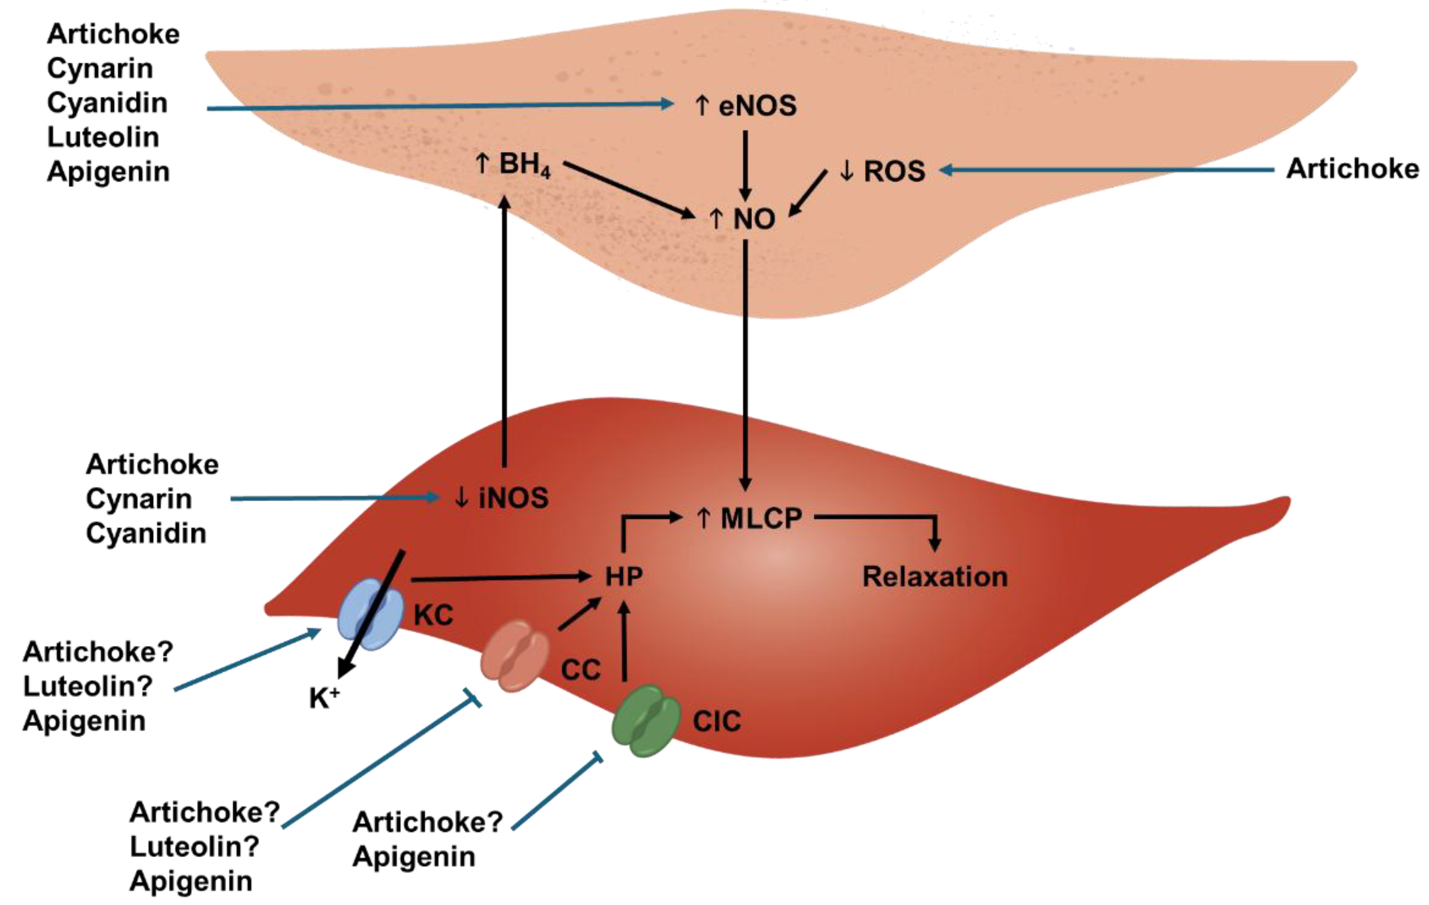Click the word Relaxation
tap(935, 576)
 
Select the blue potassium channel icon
tap(369, 615)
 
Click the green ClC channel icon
tap(646, 721)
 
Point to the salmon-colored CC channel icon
tap(514, 656)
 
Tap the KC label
tap(433, 615)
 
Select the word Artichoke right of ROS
tap(1352, 169)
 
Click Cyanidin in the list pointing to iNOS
tap(146, 533)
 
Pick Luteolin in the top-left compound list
tap(103, 137)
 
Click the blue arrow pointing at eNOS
tap(439, 106)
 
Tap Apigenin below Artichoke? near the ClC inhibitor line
tap(414, 857)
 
